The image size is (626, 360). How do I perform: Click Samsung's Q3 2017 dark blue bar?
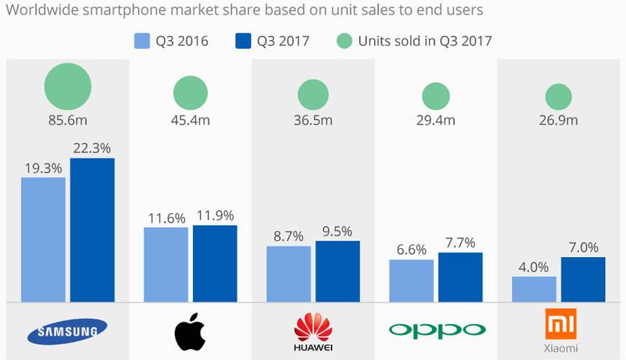click(x=92, y=230)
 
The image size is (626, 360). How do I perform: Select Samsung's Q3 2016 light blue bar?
click(x=43, y=240)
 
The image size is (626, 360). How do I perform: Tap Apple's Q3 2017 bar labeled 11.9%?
click(x=214, y=264)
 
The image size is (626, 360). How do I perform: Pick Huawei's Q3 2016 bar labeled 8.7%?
click(x=289, y=274)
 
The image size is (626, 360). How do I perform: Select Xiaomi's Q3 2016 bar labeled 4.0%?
click(x=534, y=289)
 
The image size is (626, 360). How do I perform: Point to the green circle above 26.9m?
click(x=558, y=96)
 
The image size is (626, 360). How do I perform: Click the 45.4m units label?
click(x=190, y=120)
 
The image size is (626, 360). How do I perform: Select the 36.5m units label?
click(x=313, y=120)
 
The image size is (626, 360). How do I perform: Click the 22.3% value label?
click(x=92, y=148)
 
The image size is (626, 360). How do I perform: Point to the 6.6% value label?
click(x=411, y=250)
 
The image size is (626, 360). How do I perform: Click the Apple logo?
click(x=190, y=332)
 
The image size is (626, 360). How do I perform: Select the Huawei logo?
click(x=313, y=331)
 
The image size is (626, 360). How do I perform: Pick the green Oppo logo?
click(x=436, y=330)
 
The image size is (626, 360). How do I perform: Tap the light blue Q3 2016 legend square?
click(x=142, y=40)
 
